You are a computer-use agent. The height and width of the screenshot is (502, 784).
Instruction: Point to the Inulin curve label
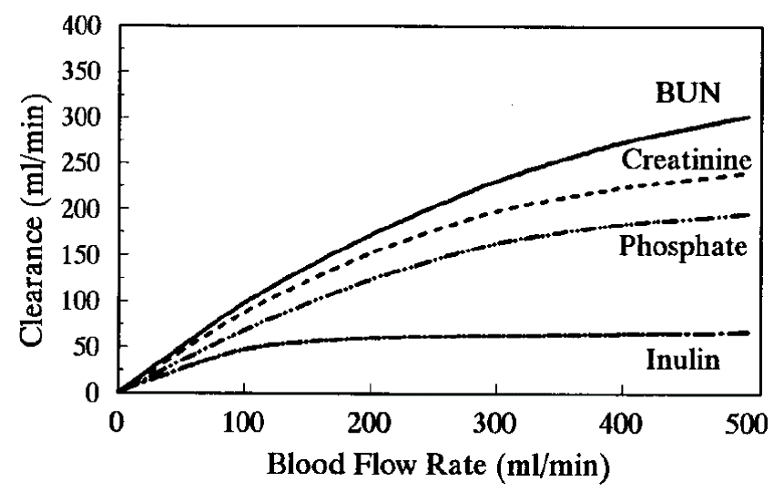(x=684, y=360)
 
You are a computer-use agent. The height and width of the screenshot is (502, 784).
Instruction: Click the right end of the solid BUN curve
(x=748, y=118)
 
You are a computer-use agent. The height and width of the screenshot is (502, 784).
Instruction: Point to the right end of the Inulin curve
(x=748, y=333)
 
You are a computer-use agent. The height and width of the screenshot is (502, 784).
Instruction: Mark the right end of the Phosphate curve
(x=748, y=215)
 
